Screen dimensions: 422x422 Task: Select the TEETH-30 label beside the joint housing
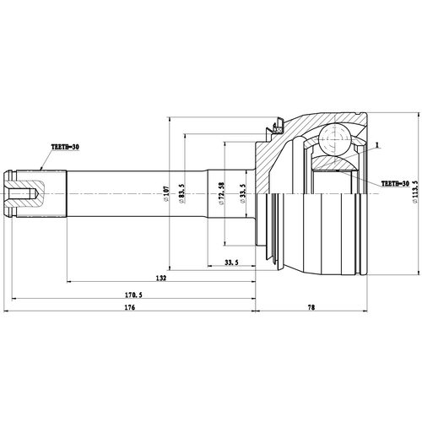tap(396, 183)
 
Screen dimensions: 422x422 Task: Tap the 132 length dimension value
tap(160, 278)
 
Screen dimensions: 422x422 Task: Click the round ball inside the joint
tap(336, 135)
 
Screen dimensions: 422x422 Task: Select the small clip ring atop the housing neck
tap(273, 129)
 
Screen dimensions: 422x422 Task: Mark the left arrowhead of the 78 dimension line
tap(259, 314)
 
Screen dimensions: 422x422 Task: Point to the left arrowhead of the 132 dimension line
tap(67, 283)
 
